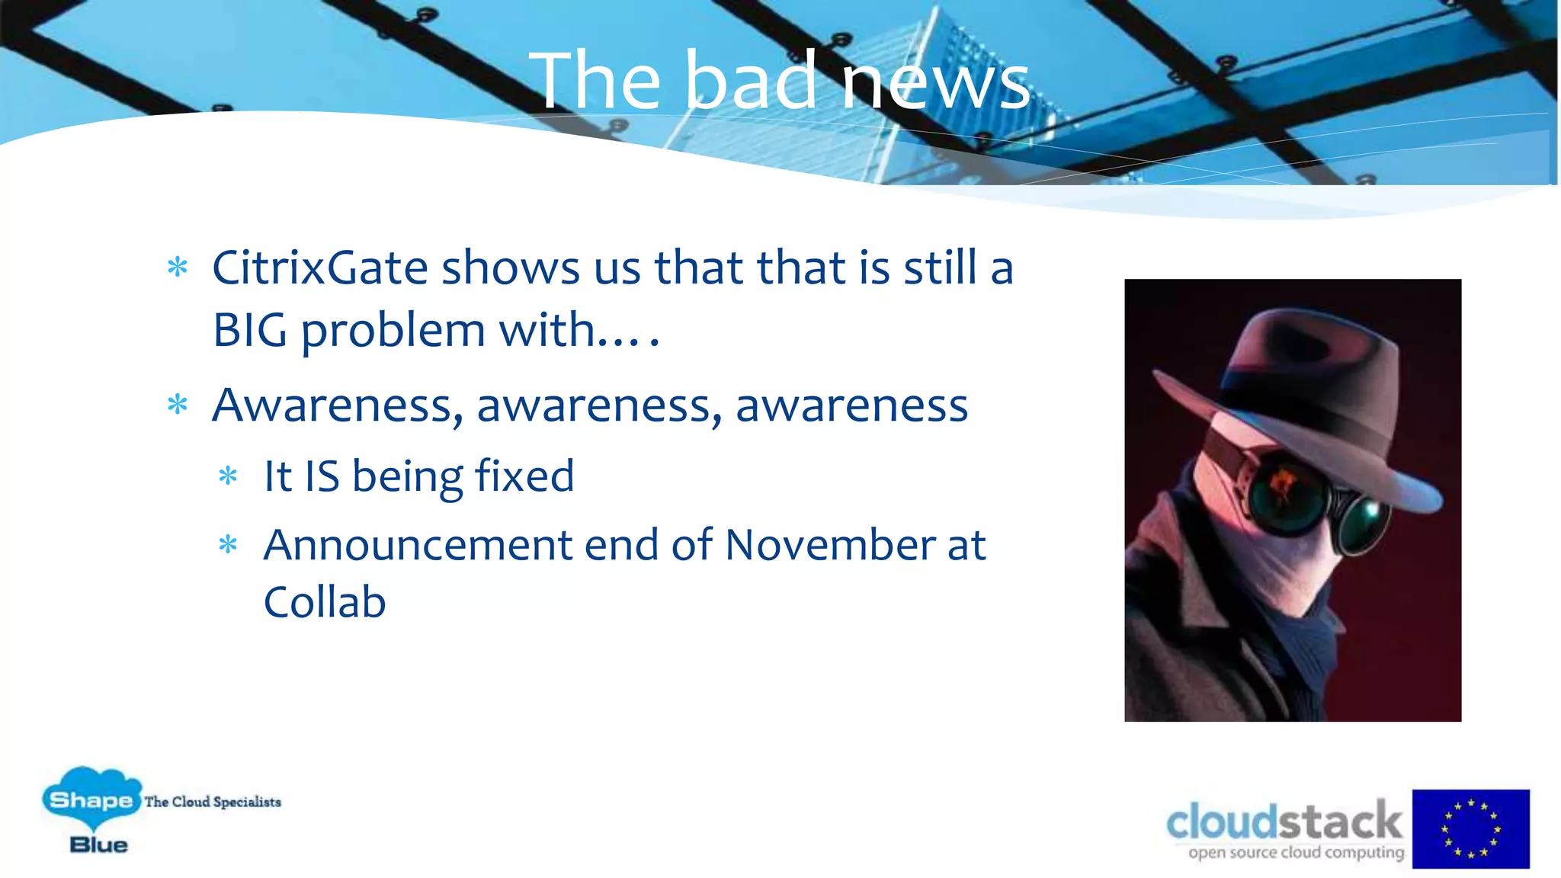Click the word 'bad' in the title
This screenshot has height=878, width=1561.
coord(751,80)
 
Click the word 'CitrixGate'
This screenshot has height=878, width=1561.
coord(320,268)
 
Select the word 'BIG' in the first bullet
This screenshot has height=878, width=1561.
coord(249,330)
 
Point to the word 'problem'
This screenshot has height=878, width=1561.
coord(393,332)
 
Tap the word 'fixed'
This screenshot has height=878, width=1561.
coord(524,476)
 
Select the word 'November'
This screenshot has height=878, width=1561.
coord(829,545)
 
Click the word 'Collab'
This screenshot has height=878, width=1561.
coord(325,602)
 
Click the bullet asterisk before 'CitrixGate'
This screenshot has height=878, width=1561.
coord(178,268)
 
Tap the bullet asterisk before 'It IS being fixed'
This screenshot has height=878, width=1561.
coord(228,477)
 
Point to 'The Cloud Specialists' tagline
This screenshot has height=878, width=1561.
coord(213,802)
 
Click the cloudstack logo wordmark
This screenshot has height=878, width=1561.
coord(1284,822)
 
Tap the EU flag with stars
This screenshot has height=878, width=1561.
coord(1470,828)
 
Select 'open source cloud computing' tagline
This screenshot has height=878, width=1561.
coord(1296,852)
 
